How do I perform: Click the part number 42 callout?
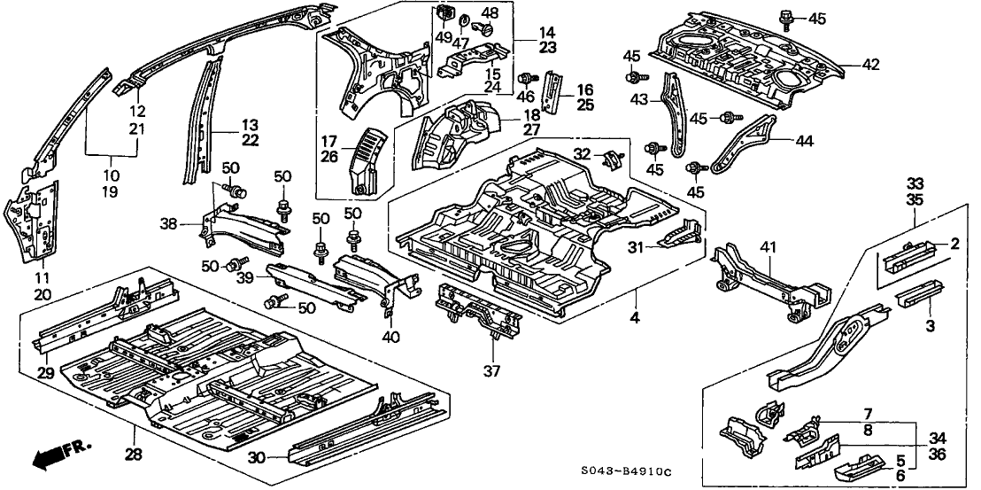point(872,64)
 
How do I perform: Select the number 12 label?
point(136,111)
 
